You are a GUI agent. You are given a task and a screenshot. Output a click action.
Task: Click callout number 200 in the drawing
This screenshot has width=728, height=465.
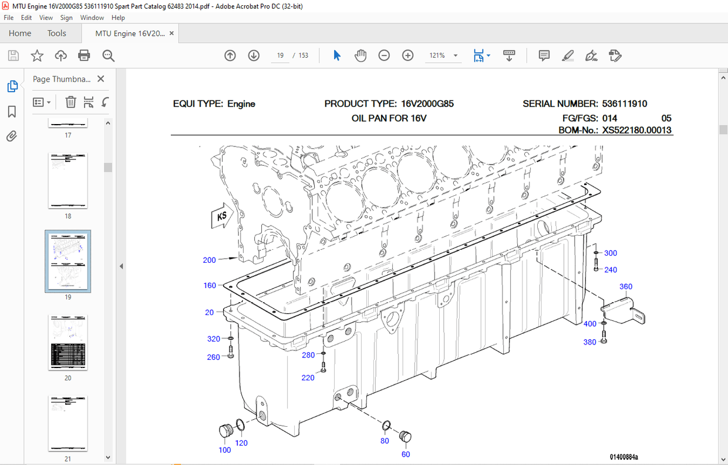coord(209,260)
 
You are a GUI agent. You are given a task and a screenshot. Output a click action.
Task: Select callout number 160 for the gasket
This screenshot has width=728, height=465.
coord(210,286)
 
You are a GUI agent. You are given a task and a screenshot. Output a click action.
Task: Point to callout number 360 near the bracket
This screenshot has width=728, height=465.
coord(626,287)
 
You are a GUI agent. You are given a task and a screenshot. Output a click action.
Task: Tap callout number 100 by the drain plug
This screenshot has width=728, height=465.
coord(225,450)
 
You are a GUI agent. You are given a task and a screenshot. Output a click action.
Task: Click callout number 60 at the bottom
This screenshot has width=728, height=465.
coord(406,454)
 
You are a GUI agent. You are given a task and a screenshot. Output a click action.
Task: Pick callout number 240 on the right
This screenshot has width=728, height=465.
coord(611,270)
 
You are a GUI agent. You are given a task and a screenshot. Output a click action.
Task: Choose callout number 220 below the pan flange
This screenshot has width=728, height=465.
coord(308,378)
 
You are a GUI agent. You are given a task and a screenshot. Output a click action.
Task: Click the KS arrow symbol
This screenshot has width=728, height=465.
coord(220,217)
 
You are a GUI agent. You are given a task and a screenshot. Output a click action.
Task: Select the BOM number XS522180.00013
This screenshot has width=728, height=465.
coord(637,131)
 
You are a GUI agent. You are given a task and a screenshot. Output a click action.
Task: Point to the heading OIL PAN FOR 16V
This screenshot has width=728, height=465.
coord(389,118)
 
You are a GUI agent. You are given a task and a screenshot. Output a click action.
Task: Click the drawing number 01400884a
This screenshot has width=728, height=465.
coord(623,457)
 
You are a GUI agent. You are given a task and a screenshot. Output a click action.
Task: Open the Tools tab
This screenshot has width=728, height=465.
coord(57,34)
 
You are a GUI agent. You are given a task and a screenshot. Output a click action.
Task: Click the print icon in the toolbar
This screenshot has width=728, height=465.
coord(84,55)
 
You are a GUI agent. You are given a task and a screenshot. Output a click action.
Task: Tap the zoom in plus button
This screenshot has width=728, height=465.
coord(408,55)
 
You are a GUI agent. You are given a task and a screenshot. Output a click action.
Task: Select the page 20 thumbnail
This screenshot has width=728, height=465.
coord(68,343)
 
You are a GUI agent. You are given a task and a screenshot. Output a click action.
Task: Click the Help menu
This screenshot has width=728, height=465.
coord(118,18)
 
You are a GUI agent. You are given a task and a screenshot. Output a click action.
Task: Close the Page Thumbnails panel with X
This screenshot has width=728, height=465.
coord(101,79)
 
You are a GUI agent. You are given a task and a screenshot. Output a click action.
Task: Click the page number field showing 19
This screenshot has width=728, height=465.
coord(280,55)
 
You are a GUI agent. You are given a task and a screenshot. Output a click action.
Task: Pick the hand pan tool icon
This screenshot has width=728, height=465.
coord(360,55)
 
